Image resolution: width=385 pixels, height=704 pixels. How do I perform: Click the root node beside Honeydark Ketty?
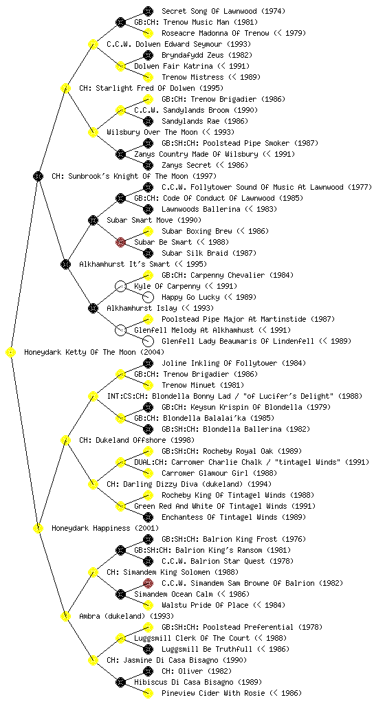[11, 352]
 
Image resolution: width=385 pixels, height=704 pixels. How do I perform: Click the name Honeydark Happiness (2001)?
[105, 529]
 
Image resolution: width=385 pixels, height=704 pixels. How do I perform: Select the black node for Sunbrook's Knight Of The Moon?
[38, 176]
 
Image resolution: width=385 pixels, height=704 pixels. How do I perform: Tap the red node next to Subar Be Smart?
[120, 242]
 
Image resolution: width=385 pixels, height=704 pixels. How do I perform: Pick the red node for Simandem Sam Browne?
[148, 583]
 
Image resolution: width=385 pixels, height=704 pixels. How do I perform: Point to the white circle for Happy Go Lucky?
[148, 297]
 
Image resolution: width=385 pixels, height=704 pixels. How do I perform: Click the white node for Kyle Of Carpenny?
[120, 286]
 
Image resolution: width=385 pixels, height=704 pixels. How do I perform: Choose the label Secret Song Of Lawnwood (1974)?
[223, 11]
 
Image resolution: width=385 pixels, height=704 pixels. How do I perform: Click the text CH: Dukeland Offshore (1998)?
[137, 441]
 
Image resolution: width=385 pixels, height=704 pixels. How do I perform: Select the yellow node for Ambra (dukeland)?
[65, 617]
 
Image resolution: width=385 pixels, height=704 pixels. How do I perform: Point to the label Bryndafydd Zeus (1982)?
[207, 55]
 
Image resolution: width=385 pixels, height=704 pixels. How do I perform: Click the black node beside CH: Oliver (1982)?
[148, 671]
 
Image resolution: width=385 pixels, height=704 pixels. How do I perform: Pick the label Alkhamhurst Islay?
[160, 309]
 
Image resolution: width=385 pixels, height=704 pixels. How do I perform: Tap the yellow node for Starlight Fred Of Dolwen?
[65, 88]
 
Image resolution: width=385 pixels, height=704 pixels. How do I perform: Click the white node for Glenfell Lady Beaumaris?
[148, 341]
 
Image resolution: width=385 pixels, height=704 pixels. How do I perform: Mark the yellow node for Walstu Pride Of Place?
[148, 605]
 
